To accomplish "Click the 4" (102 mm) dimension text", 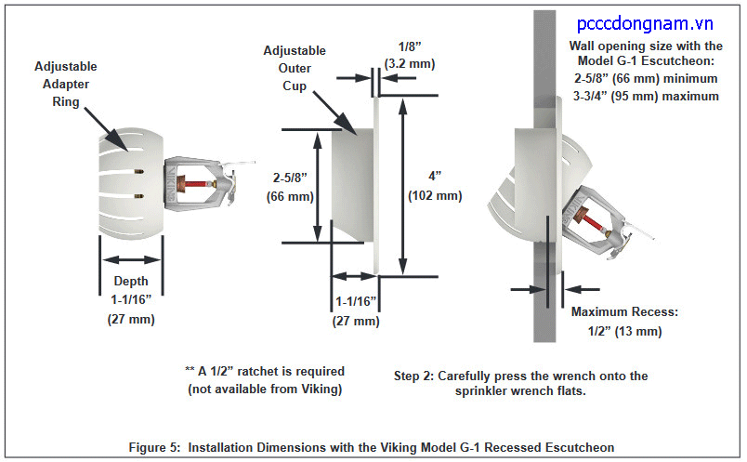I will (x=435, y=185).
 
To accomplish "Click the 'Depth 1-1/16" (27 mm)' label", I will (x=131, y=299).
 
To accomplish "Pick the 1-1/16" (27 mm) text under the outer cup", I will (x=356, y=311).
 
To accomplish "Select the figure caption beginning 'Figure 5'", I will (x=371, y=447).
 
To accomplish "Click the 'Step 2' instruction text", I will (x=520, y=383).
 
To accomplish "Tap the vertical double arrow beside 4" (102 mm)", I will (x=402, y=185).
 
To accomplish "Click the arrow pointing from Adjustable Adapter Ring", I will (x=107, y=124).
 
